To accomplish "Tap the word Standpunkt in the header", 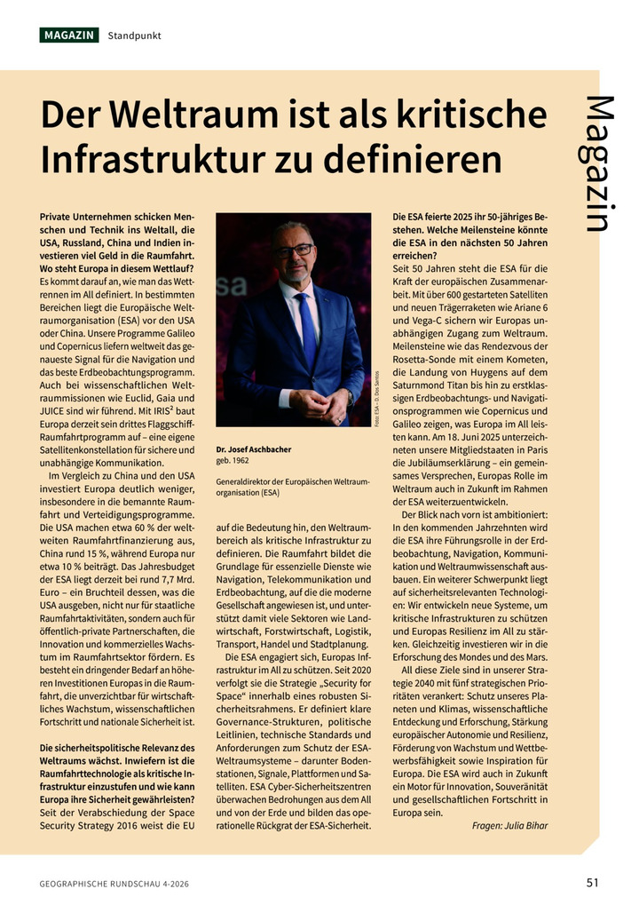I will pyautogui.click(x=134, y=36).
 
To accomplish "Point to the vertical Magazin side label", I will pyautogui.click(x=599, y=164).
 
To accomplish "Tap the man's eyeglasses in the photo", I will pyautogui.click(x=293, y=251).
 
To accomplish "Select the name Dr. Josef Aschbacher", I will pyautogui.click(x=254, y=449).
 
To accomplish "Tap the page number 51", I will pyautogui.click(x=592, y=882).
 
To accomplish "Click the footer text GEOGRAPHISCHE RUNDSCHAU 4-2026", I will pyautogui.click(x=114, y=884).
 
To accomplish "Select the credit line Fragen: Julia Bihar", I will pyautogui.click(x=509, y=825).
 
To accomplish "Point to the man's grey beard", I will pyautogui.click(x=294, y=271).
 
